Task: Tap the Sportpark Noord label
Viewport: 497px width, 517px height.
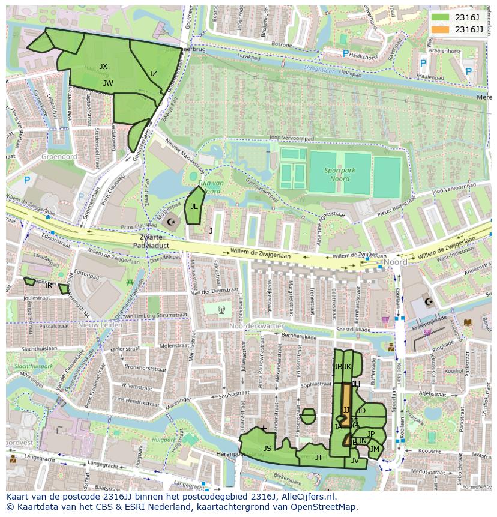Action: click(340, 174)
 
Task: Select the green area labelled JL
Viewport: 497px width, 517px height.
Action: click(194, 206)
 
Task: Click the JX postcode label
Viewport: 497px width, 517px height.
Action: click(104, 67)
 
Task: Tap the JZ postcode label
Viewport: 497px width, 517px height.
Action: click(153, 74)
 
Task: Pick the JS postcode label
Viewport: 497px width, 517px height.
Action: click(267, 449)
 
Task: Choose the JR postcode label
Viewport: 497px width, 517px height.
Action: click(49, 286)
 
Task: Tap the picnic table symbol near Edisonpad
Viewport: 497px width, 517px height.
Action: click(129, 281)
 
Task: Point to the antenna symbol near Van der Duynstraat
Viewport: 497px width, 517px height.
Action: click(221, 310)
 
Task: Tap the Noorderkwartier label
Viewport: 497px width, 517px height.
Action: click(256, 325)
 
